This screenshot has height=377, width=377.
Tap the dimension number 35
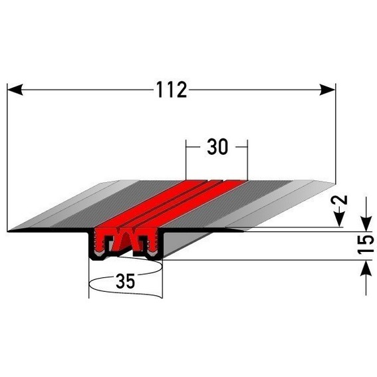coord(124,281)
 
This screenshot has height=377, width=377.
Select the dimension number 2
coord(340,201)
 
